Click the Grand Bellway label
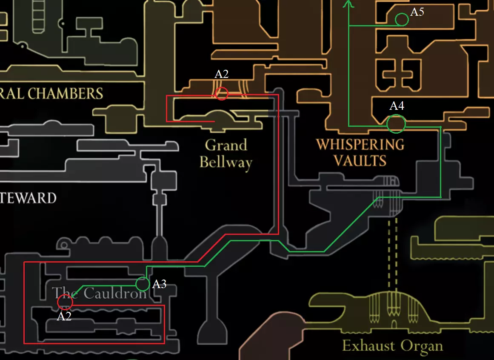click(x=226, y=154)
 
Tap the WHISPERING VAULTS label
click(x=360, y=152)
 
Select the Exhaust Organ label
click(x=392, y=346)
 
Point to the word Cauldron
click(x=115, y=293)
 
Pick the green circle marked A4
click(x=396, y=124)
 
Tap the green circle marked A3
click(x=143, y=284)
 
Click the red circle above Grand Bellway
click(x=222, y=93)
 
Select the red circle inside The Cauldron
click(x=65, y=302)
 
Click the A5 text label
click(x=417, y=11)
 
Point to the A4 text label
click(x=397, y=106)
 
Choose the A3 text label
click(x=159, y=284)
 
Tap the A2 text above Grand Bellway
click(x=222, y=74)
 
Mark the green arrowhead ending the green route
click(x=348, y=3)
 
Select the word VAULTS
click(x=360, y=160)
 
